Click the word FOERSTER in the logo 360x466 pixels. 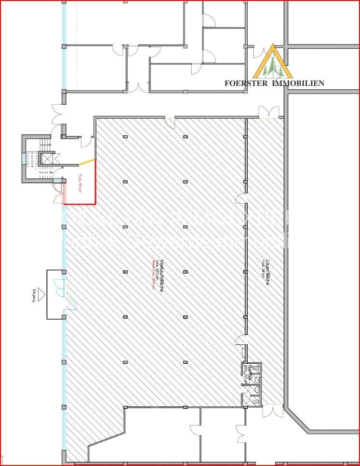[247, 83]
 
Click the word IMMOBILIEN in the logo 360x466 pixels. [298, 83]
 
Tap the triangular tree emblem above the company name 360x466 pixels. [273, 62]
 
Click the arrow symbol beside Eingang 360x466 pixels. [41, 292]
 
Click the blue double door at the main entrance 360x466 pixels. [60, 288]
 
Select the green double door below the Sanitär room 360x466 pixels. [273, 411]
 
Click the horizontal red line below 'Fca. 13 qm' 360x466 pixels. [80, 204]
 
